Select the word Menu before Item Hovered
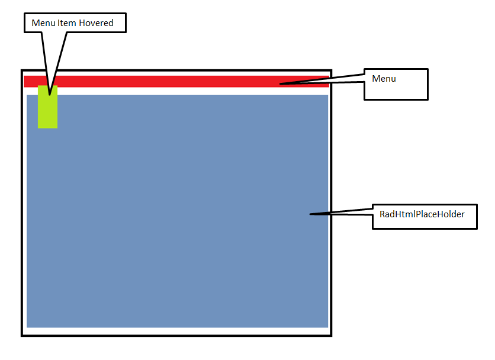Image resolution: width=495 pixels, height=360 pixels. click(43, 23)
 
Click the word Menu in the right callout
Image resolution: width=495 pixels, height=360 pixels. click(384, 78)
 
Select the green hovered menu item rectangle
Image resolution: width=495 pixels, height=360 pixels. click(47, 110)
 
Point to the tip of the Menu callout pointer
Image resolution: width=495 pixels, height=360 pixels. click(281, 83)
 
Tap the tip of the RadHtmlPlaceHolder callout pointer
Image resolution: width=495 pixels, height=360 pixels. click(310, 214)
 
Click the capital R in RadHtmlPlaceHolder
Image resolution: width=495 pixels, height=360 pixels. click(382, 214)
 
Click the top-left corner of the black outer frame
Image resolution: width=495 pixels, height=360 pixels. click(22, 70)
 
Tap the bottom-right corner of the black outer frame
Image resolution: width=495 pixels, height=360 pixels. click(331, 336)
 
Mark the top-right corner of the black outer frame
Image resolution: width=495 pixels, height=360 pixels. click(331, 70)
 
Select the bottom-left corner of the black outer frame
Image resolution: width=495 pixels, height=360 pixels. click(22, 336)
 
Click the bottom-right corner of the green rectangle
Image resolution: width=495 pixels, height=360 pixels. click(57, 128)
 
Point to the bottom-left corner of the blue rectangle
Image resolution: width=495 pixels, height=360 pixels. click(27, 327)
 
